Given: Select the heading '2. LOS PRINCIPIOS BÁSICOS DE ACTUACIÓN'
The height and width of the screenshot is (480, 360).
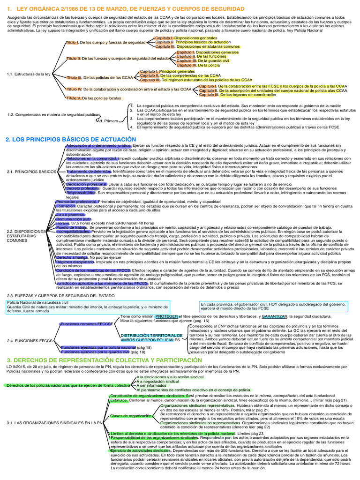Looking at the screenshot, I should coord(71,139).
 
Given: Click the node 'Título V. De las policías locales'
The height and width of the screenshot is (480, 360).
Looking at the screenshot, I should coord(93,98).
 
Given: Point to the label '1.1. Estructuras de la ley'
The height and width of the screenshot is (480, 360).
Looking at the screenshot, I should coord(29,74).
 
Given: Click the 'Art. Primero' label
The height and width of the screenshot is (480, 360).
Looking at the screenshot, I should coord(107,121).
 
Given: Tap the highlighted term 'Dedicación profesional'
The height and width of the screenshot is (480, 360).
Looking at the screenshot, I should coord(87,184).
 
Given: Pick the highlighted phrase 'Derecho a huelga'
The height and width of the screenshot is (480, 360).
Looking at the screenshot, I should coord(72,258).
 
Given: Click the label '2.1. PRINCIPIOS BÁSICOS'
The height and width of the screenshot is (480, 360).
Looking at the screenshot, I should coord(32,172).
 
